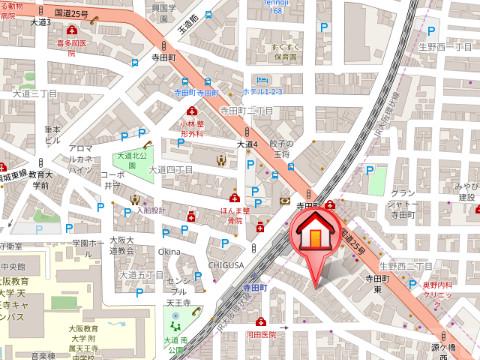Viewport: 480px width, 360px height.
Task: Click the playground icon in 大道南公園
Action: pos(176,322)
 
